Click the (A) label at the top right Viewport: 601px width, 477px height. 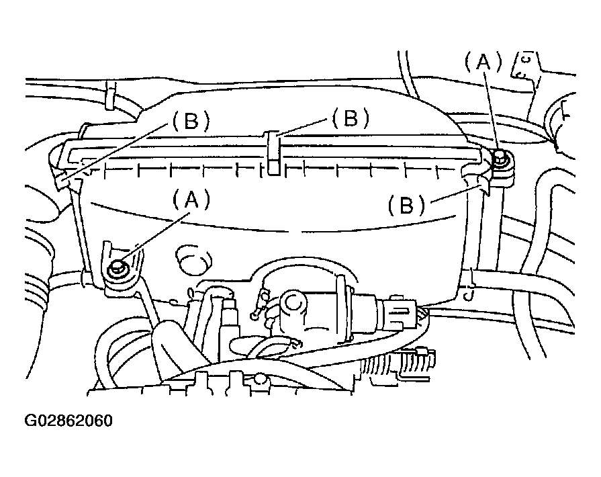tap(483, 62)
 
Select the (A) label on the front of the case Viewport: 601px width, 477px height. tap(191, 200)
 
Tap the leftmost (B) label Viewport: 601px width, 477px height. tap(191, 121)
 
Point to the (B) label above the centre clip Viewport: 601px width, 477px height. tap(351, 118)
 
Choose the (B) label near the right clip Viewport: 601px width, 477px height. tap(407, 204)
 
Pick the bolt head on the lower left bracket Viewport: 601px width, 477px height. tap(116, 269)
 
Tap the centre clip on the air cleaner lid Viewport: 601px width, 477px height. tap(273, 153)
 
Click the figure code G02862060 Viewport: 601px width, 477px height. tap(68, 421)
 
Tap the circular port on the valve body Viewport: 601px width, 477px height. tap(295, 303)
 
